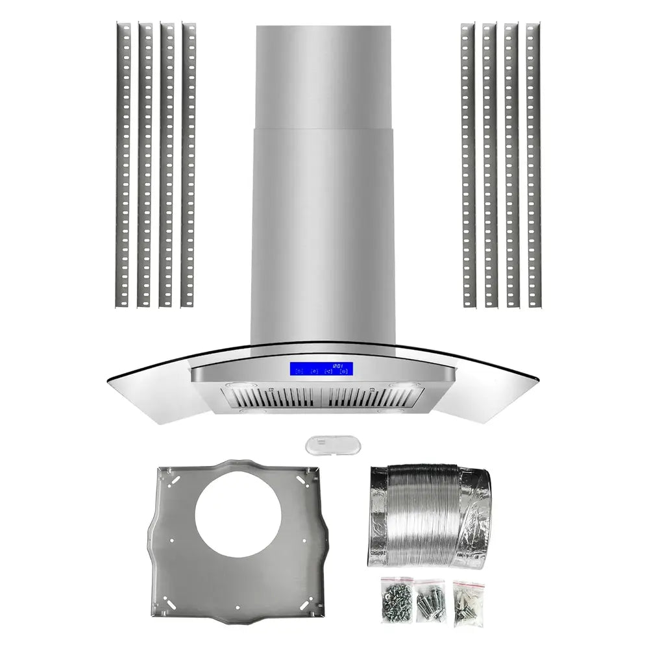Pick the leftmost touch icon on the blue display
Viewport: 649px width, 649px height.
tap(299, 373)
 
